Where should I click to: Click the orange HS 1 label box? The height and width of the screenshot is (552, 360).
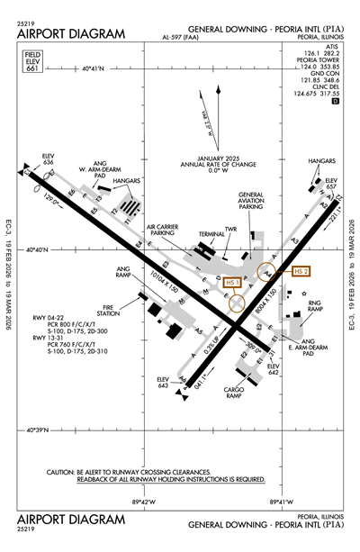(232, 283)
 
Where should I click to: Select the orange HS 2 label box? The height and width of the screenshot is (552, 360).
(300, 270)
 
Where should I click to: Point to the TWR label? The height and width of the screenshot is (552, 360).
(230, 230)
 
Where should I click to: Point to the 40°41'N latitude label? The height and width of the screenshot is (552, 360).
(94, 68)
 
